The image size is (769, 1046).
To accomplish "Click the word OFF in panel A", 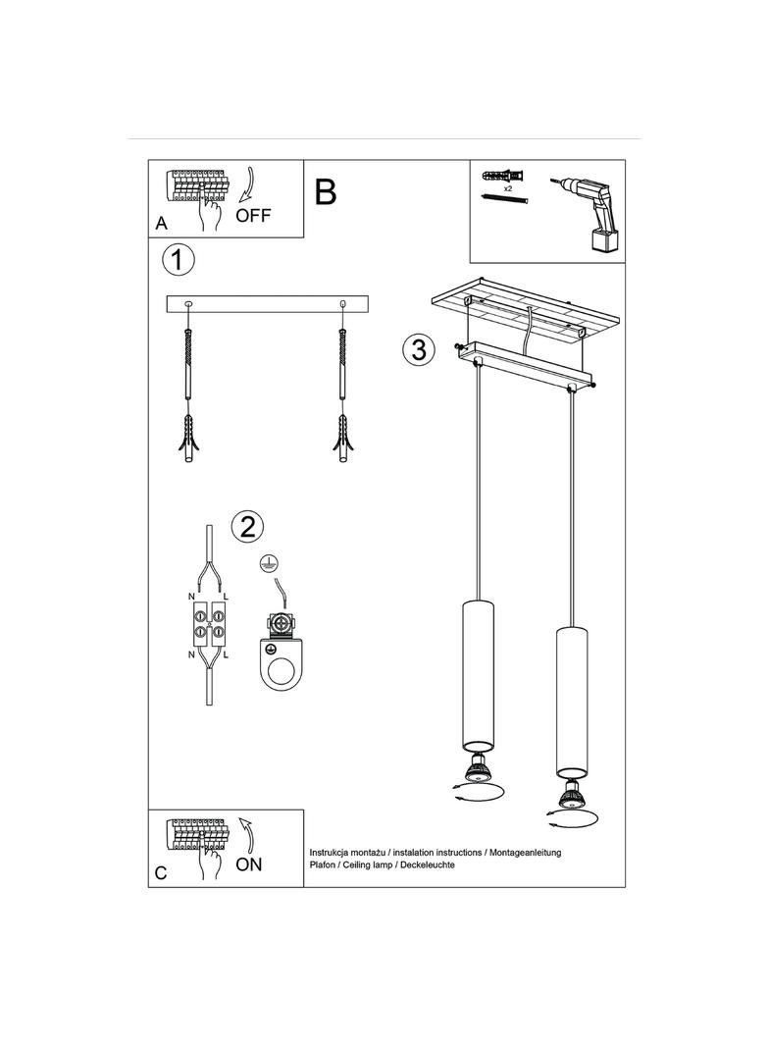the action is (x=253, y=216).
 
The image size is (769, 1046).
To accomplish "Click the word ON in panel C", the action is (x=249, y=863).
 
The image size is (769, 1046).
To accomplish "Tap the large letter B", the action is (x=326, y=192).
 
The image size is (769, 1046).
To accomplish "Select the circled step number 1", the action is (x=179, y=259).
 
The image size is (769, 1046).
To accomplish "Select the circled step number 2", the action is (x=247, y=527).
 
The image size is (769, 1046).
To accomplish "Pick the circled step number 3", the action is (x=419, y=349).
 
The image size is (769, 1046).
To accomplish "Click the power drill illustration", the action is (x=588, y=214).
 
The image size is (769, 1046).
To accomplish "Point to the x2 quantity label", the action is (x=508, y=189).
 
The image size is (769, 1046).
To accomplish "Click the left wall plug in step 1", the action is (x=188, y=439).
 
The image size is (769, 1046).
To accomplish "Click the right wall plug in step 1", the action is (x=343, y=439).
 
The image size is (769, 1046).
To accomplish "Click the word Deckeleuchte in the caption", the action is (x=427, y=864).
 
